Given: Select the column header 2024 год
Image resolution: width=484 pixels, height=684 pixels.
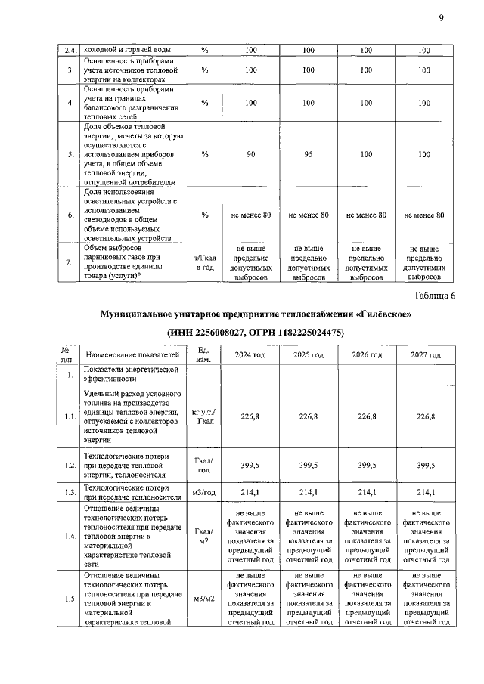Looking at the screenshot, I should click(x=249, y=354).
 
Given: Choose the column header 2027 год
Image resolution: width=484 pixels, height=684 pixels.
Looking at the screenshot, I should click(x=423, y=354).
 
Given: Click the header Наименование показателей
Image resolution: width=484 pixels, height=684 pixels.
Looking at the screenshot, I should click(x=132, y=354).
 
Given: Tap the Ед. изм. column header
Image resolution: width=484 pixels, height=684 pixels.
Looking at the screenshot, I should click(x=203, y=354).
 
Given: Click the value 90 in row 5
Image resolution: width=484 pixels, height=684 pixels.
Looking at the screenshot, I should click(x=250, y=154).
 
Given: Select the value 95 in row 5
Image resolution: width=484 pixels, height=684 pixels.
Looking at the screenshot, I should click(x=308, y=154).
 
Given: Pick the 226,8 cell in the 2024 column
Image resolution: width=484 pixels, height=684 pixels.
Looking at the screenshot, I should click(x=249, y=416).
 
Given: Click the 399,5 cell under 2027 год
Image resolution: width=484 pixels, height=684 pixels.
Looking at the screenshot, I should click(x=423, y=467).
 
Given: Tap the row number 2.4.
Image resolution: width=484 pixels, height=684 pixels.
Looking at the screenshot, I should click(x=70, y=51).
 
